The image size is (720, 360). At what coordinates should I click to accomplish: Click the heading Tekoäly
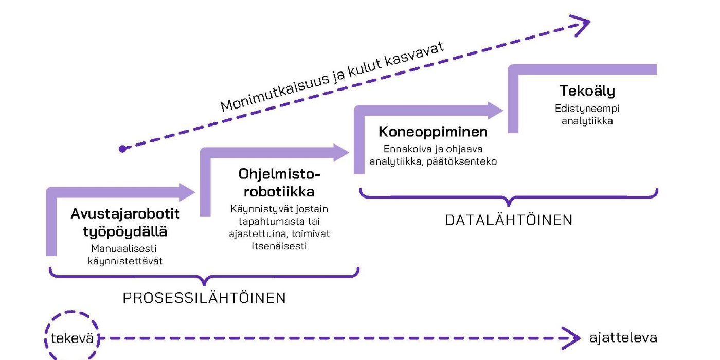tap(587, 91)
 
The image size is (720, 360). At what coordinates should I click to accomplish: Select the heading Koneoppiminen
tap(433, 132)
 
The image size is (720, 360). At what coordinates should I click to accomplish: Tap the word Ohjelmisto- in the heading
tap(279, 175)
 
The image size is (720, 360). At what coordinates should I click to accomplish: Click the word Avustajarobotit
tap(125, 214)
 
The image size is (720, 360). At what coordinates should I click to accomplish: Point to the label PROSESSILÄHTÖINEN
tap(204, 298)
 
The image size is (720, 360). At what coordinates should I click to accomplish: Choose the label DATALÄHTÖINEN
tap(509, 220)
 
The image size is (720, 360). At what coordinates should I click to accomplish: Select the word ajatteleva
tap(623, 338)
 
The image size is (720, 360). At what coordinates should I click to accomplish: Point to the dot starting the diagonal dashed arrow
tap(122, 149)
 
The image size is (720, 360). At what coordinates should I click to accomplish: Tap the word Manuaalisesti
tap(125, 248)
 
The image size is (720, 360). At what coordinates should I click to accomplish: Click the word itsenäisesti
tap(279, 246)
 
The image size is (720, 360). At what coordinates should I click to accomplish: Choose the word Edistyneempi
tap(587, 109)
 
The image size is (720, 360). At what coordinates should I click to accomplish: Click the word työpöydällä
tap(125, 231)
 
